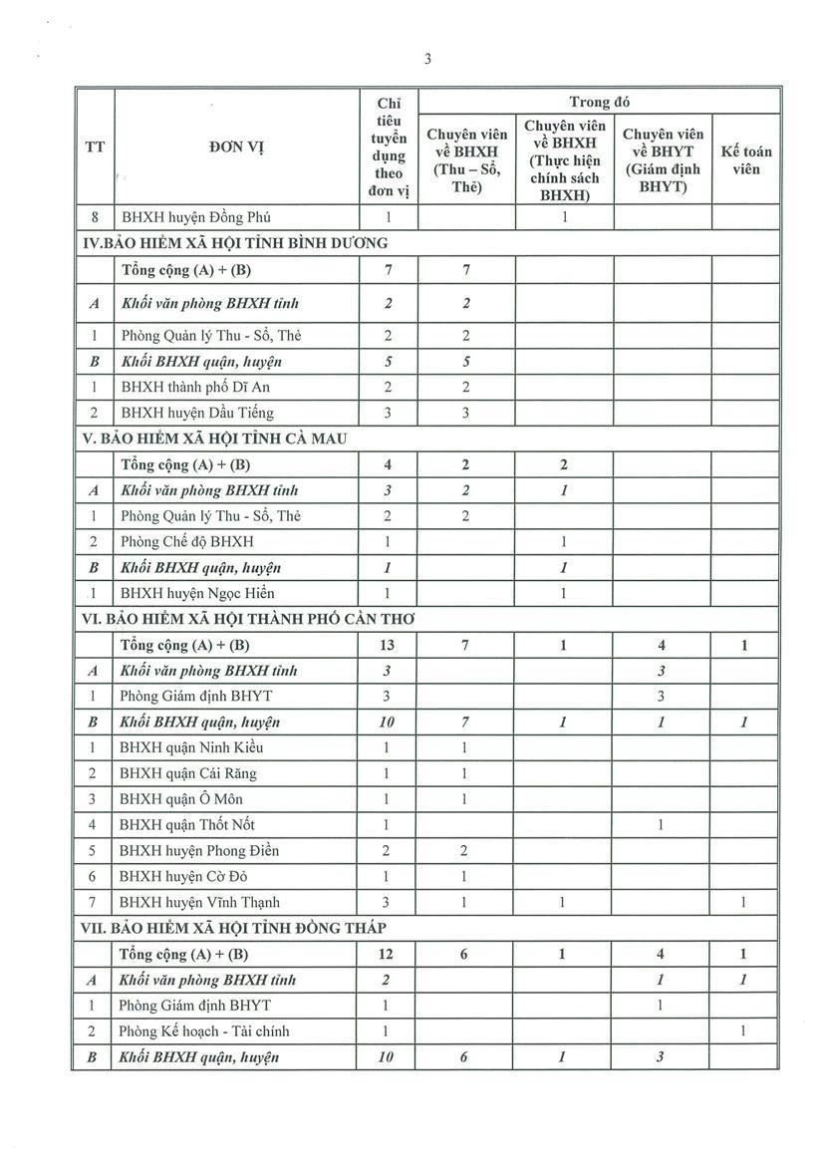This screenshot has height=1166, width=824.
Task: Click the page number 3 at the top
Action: (x=426, y=59)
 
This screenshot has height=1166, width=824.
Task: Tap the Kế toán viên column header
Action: (x=745, y=160)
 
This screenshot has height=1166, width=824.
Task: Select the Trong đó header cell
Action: (x=599, y=102)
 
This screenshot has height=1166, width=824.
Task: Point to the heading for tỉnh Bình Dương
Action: (x=234, y=242)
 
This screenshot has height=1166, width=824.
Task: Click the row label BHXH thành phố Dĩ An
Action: (x=194, y=387)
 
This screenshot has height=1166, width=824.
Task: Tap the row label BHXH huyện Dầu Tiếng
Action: (x=196, y=413)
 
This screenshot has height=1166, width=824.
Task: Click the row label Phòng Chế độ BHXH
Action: (x=186, y=541)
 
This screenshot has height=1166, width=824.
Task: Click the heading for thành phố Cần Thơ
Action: (x=248, y=619)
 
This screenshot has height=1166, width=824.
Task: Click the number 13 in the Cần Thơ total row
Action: (x=387, y=645)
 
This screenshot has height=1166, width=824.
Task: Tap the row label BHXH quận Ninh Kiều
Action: (x=191, y=747)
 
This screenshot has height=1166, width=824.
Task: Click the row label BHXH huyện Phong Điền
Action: (x=198, y=850)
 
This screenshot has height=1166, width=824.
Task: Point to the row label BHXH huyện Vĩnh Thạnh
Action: (x=199, y=902)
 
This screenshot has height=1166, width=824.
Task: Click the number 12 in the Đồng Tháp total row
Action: (x=387, y=954)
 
